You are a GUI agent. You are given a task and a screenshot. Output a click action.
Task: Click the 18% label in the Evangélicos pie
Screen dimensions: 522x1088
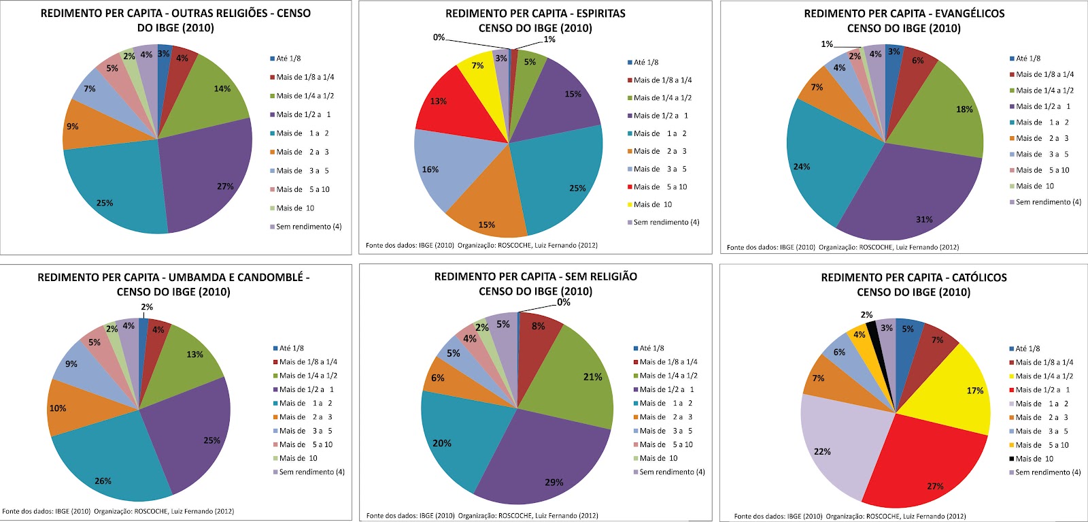pyautogui.click(x=964, y=110)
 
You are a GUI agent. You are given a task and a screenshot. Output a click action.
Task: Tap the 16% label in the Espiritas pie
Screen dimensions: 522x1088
pyautogui.click(x=430, y=169)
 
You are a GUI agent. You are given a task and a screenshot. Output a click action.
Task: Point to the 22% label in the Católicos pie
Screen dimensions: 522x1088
pyautogui.click(x=822, y=451)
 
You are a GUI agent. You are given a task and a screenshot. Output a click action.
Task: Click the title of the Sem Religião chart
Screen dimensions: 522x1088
pyautogui.click(x=536, y=284)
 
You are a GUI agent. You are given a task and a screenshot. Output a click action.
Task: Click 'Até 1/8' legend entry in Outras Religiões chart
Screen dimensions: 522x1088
pyautogui.click(x=290, y=59)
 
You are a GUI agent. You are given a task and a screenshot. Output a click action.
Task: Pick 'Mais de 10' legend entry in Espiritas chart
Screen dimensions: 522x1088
pyautogui.click(x=653, y=204)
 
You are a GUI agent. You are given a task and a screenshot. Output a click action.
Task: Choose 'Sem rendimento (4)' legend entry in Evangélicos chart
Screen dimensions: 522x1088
pyautogui.click(x=1048, y=202)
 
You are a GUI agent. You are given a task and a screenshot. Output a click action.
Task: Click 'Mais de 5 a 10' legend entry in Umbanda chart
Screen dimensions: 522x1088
pyautogui.click(x=305, y=444)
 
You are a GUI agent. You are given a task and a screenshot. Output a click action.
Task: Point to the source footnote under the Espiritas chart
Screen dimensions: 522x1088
pyautogui.click(x=481, y=245)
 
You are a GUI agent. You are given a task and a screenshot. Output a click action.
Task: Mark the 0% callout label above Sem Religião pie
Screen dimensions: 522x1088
pyautogui.click(x=564, y=302)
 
